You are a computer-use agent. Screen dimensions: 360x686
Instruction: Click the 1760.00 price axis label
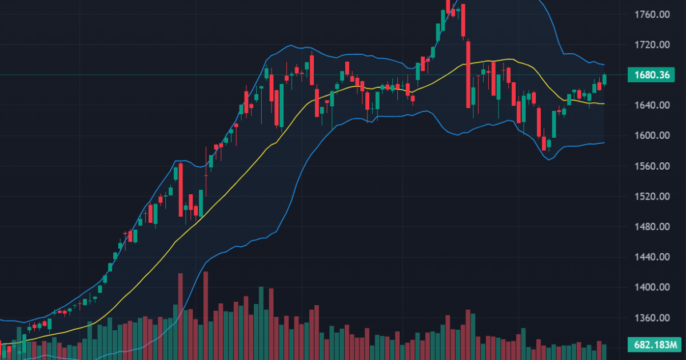pos(652,14)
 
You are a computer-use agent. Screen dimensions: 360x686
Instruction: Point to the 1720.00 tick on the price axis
pos(652,45)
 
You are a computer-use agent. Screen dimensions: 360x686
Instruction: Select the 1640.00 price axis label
pos(652,105)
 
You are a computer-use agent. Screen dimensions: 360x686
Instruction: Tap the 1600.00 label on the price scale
pos(652,135)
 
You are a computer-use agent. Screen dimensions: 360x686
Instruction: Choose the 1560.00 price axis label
pos(652,166)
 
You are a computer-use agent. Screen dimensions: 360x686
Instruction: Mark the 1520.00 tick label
pos(652,197)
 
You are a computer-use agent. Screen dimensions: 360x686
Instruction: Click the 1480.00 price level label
pos(652,227)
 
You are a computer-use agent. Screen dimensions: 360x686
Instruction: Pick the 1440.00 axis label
pos(652,257)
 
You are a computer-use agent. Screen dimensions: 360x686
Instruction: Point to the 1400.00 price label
pos(652,287)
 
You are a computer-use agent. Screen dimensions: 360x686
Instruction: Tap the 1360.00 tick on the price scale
pos(652,318)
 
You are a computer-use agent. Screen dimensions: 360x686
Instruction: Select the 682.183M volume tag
pos(652,345)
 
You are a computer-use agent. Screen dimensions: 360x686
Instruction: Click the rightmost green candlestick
pos(605,79)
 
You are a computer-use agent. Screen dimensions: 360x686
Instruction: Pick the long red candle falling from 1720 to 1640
pos(468,74)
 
